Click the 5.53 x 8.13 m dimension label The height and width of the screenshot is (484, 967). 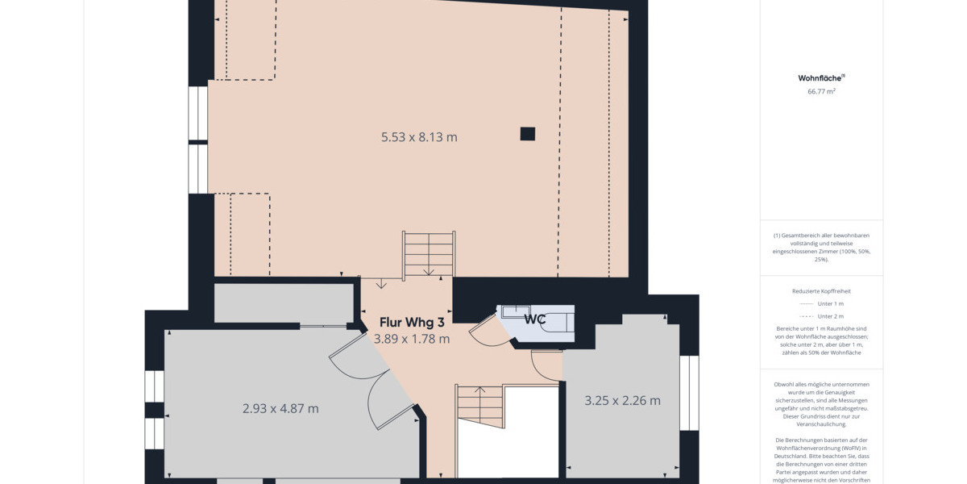[419, 137]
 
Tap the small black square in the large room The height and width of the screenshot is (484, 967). [527, 134]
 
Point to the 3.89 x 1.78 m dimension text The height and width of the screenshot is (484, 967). [412, 339]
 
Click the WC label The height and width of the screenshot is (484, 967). [535, 319]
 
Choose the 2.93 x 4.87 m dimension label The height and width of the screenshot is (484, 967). [280, 409]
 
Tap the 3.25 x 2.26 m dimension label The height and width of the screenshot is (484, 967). [622, 401]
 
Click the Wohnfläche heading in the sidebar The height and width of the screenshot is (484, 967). [820, 78]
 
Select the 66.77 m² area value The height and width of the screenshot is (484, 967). [821, 92]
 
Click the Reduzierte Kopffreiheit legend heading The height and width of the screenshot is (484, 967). [821, 290]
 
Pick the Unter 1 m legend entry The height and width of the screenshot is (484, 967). [830, 303]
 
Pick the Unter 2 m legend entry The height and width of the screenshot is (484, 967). [830, 316]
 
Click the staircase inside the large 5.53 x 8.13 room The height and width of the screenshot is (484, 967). [429, 254]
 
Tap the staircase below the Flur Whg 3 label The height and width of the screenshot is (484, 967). [480, 407]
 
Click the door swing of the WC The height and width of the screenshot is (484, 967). [488, 331]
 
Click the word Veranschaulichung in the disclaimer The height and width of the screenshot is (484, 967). [821, 423]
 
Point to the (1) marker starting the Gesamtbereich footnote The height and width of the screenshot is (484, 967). [777, 236]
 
